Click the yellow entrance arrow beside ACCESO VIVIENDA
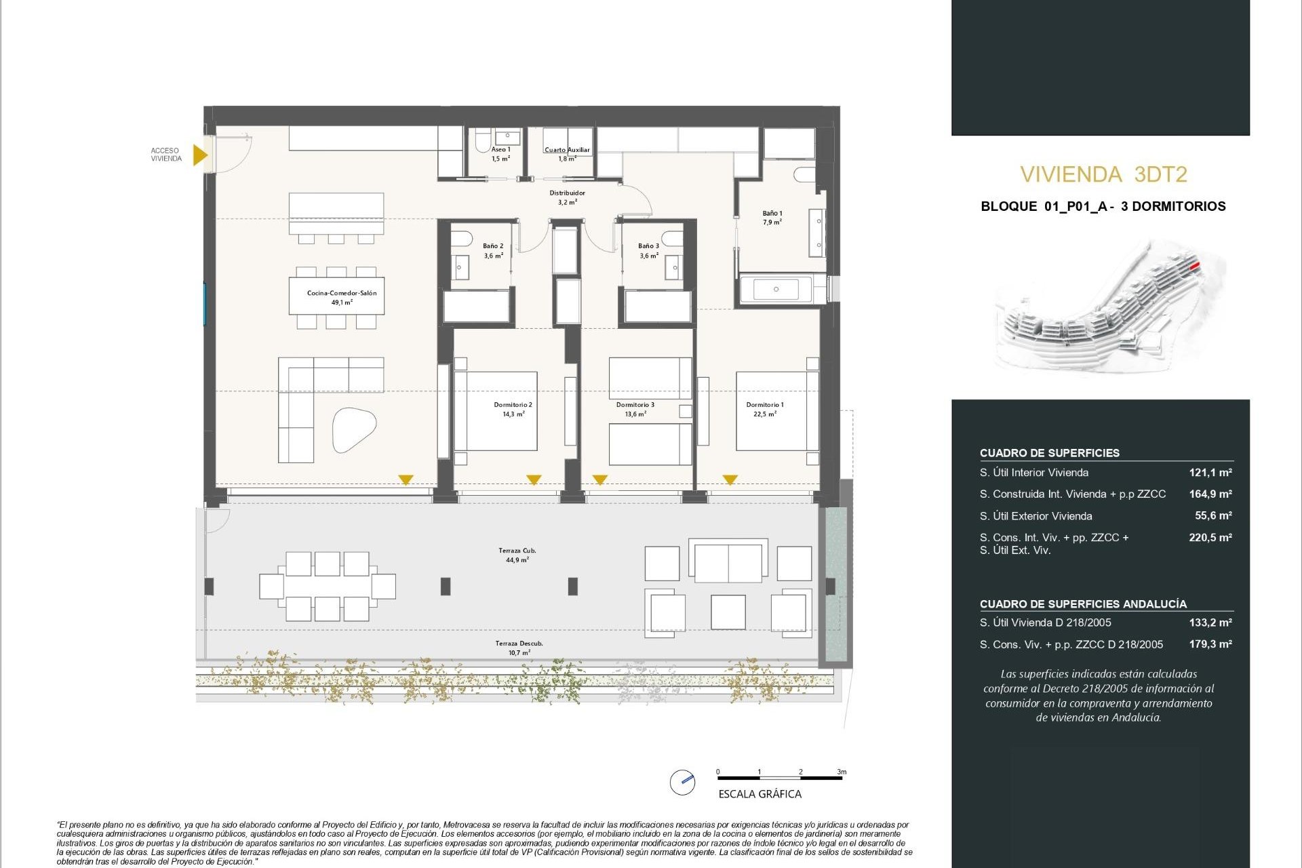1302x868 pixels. (199, 155)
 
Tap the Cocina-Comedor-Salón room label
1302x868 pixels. (341, 298)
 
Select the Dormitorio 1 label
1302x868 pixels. (764, 409)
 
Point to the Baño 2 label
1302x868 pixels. (493, 251)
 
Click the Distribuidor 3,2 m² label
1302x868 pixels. (567, 197)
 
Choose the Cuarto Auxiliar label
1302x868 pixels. (567, 150)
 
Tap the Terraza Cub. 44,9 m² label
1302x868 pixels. (517, 555)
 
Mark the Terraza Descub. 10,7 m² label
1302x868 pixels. (519, 648)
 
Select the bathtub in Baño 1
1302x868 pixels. (776, 290)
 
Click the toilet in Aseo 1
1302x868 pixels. (482, 140)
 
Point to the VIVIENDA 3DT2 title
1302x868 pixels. (1103, 175)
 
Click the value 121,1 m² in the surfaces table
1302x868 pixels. (1210, 473)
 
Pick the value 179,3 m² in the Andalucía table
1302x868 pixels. (1210, 644)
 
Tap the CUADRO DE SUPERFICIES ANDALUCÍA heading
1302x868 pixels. (1083, 604)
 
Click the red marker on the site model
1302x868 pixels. (1195, 266)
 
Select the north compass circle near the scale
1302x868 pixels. (682, 782)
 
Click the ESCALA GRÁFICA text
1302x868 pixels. (759, 794)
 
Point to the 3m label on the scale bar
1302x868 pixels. (841, 772)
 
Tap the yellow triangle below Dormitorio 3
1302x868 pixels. (599, 480)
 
